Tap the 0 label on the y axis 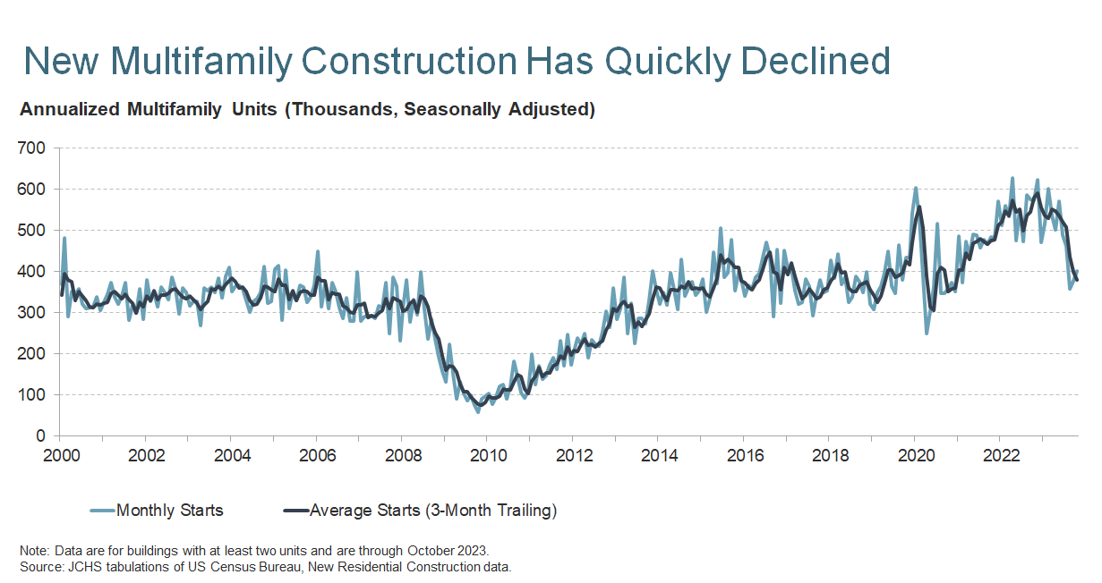pyautogui.click(x=40, y=435)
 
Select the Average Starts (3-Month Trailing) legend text pyautogui.click(x=433, y=511)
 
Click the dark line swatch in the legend pyautogui.click(x=295, y=511)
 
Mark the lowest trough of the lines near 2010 pyautogui.click(x=478, y=411)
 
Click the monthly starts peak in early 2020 pyautogui.click(x=915, y=189)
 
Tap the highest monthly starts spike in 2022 pyautogui.click(x=1012, y=178)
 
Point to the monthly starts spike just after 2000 pyautogui.click(x=64, y=237)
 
